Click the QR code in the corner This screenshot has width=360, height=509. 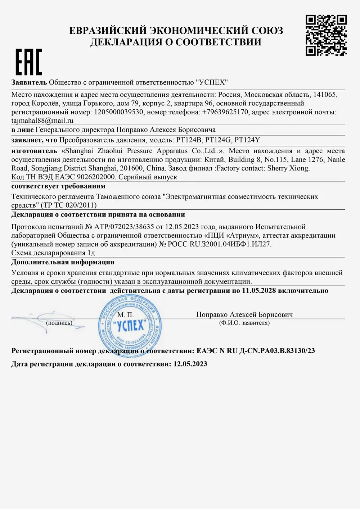[326, 35]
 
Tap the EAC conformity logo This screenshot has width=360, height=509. [29, 62]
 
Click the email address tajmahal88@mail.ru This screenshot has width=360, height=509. [42, 121]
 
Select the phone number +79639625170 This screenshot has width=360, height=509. [225, 112]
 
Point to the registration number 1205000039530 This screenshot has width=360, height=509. [119, 112]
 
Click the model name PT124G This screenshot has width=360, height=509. [219, 140]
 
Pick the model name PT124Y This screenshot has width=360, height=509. [247, 140]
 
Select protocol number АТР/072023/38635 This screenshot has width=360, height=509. [124, 227]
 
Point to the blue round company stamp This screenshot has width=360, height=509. [130, 327]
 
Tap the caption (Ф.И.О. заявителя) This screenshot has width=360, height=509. [244, 323]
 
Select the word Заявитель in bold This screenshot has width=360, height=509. [29, 82]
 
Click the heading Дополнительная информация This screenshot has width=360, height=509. [63, 262]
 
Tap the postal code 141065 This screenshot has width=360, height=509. [325, 95]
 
